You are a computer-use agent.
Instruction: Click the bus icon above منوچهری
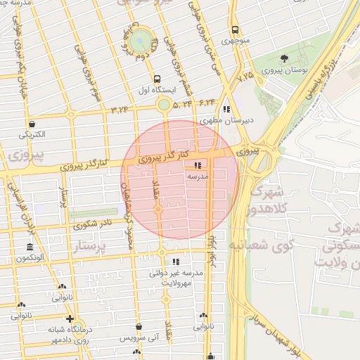point(236,30)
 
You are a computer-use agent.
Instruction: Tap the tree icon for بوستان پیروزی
point(284,58)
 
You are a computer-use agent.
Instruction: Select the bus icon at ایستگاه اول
point(156,79)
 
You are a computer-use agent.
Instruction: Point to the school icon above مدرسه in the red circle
point(196,165)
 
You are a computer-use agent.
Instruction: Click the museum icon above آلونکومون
point(29,247)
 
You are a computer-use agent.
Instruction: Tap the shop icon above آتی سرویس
point(139,327)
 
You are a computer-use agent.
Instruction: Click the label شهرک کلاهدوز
point(267,200)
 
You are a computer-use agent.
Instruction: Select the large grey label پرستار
point(98,248)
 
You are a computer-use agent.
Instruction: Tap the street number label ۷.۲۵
point(245,75)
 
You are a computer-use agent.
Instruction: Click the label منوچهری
point(236,41)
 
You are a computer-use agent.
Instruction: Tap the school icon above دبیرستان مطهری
point(226,110)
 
